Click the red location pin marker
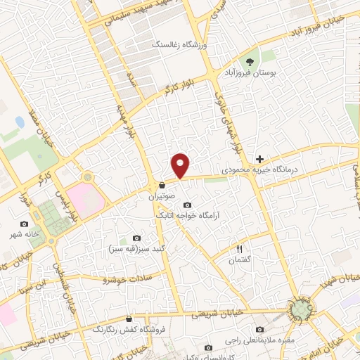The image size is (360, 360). [x=181, y=165]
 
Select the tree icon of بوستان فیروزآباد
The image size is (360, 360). [x=247, y=61]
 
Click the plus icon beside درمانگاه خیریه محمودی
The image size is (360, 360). [x=260, y=160]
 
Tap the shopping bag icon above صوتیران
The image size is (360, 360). [x=162, y=186]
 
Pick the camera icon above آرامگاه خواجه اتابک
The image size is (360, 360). [x=186, y=204]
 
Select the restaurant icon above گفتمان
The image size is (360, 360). [x=239, y=250]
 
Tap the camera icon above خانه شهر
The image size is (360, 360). [x=25, y=224]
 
